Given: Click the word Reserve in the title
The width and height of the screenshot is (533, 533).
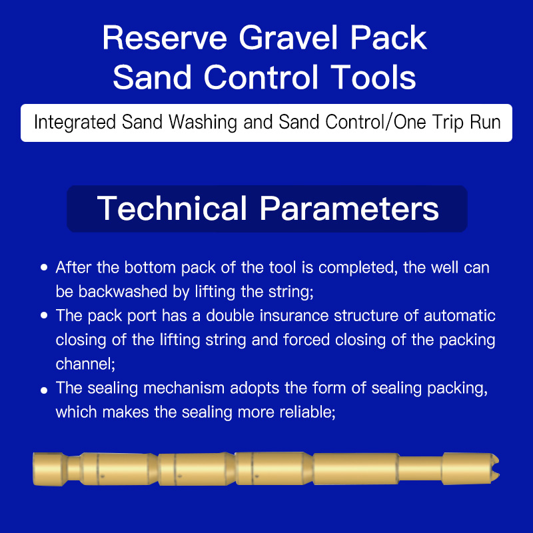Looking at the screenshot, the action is coord(165,38).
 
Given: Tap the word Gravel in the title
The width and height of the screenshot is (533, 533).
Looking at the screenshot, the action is coord(288,38).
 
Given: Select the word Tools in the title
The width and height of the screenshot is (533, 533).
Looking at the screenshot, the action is coord(373,77).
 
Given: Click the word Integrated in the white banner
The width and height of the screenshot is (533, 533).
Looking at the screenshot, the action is coord(75,123).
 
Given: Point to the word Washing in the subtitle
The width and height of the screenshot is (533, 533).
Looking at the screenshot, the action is coord(203,123).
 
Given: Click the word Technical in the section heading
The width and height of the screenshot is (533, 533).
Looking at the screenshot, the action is coord(172,209).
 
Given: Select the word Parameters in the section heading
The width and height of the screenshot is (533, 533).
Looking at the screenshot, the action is coord(349,209).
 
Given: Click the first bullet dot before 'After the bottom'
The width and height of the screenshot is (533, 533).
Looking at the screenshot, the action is coord(44,267).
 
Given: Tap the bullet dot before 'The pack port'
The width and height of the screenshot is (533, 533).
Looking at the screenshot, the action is coord(44,315).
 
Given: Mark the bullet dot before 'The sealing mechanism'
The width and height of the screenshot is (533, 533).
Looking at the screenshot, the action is coord(44,390).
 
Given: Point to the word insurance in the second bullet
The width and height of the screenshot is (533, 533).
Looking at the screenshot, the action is coord(294,316).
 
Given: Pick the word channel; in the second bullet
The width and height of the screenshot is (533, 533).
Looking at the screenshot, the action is coord(85,364).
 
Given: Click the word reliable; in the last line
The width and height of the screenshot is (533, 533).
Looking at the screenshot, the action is coord(307,412).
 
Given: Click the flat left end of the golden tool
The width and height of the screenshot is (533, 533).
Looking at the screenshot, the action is coord(34,469).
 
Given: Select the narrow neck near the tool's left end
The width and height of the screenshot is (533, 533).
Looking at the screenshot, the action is coord(73,469).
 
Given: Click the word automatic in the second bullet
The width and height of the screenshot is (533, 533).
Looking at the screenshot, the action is coord(459,316).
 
